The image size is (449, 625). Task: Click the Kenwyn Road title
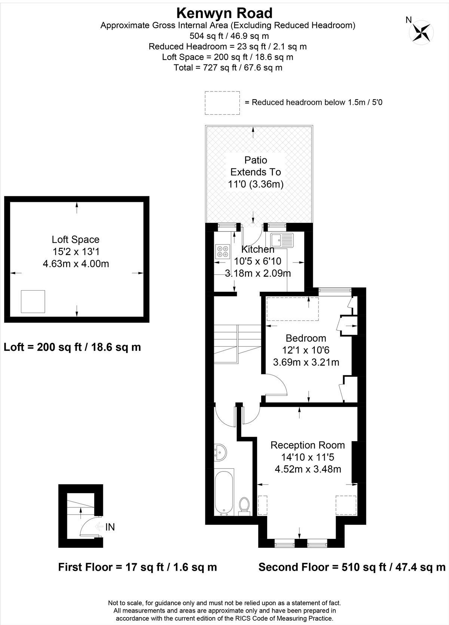tap(224, 13)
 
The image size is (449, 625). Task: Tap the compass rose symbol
tap(421, 33)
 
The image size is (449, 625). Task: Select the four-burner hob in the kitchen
tap(222, 251)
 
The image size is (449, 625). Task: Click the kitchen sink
tap(282, 240)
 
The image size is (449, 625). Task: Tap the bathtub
tap(224, 492)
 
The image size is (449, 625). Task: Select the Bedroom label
tap(306, 338)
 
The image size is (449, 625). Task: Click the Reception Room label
tap(308, 445)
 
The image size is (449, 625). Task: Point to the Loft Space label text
tap(76, 239)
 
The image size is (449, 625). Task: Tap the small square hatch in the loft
tap(33, 301)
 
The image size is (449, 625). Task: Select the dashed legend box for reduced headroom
tap(222, 103)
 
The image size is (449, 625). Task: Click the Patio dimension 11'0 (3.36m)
tap(256, 184)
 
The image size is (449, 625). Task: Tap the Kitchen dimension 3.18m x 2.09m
tap(258, 273)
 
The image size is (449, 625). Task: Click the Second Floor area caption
tap(352, 567)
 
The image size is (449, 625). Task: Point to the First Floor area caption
tap(137, 567)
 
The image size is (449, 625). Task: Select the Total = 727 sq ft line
tap(228, 67)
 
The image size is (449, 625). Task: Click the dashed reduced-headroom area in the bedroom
tap(292, 309)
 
